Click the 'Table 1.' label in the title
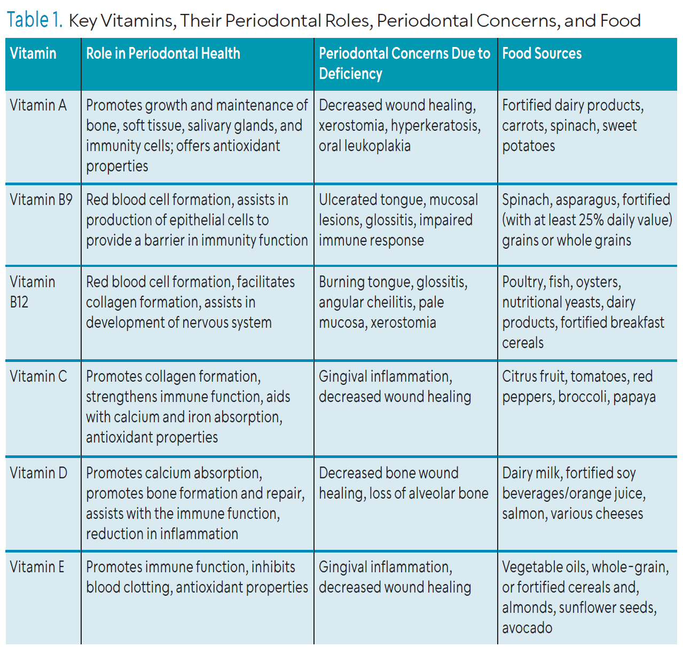coord(35,20)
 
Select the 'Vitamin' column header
coord(33,53)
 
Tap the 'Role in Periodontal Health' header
coord(163,53)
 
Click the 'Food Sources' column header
coord(541,53)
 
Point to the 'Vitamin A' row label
coord(38,105)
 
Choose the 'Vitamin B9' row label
coord(41,200)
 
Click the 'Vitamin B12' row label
coord(33,291)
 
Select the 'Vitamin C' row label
coord(38,376)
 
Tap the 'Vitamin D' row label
coord(38,473)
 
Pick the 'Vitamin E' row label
coord(37,567)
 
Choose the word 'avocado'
coord(527,628)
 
